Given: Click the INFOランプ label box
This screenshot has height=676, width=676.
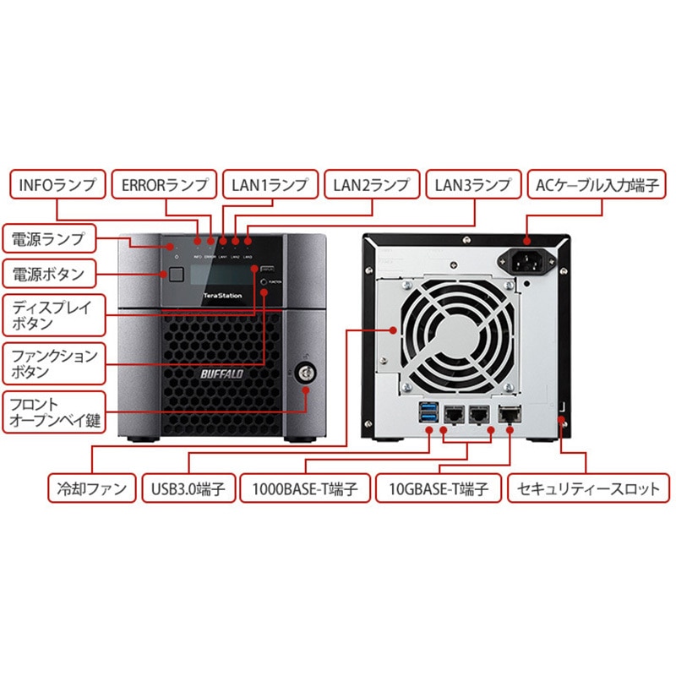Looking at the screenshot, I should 58,183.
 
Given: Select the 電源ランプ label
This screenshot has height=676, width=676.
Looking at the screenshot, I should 49,239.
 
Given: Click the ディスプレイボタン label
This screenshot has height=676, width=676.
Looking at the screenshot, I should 52,313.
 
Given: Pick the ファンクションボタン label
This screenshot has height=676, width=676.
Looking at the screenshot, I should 52,363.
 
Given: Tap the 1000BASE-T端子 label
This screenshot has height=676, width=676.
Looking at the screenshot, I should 305,488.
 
